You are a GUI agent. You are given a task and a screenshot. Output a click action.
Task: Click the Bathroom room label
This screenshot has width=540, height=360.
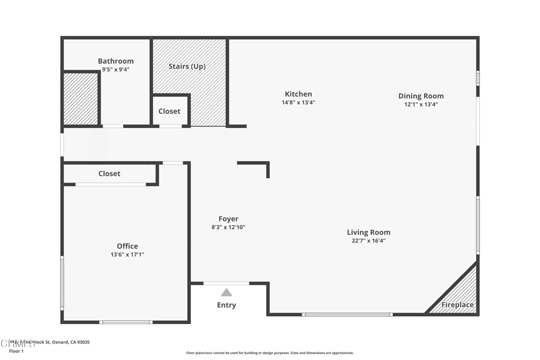tap(115, 61)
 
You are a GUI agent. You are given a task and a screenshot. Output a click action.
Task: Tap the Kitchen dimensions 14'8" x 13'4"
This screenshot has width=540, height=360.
tap(298, 103)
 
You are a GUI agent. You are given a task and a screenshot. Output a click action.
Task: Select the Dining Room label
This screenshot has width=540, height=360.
tap(421, 96)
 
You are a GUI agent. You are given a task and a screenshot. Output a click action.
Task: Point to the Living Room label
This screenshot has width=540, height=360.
tap(369, 232)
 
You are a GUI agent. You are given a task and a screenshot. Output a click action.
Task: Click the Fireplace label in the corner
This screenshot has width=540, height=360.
tap(457, 305)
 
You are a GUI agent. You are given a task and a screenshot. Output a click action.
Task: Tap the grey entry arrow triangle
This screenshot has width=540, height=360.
tap(226, 293)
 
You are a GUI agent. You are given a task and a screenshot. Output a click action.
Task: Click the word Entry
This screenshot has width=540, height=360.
tap(226, 305)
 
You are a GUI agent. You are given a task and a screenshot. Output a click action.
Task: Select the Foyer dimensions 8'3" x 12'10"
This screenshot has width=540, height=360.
tap(228, 228)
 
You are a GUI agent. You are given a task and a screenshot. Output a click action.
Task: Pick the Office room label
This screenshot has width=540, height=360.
tap(127, 246)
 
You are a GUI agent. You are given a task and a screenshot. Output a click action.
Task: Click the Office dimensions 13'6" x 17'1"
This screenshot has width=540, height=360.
tap(127, 255)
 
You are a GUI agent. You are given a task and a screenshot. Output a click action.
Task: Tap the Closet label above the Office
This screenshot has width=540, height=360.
tap(109, 173)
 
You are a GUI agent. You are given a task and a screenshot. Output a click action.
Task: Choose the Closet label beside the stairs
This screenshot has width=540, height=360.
tap(169, 111)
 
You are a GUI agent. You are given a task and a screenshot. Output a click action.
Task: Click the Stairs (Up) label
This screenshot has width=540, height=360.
tap(187, 66)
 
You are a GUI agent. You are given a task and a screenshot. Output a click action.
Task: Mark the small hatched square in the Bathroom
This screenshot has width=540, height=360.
tap(81, 99)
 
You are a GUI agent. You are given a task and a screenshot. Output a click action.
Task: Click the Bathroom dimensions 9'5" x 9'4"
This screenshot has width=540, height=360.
tap(115, 70)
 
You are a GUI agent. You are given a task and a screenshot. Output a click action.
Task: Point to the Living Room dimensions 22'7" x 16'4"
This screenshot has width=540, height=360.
tap(369, 241)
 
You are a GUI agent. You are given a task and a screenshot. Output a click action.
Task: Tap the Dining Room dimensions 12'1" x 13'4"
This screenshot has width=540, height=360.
tap(421, 104)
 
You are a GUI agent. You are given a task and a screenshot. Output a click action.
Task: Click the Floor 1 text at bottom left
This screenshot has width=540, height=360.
tap(16, 351)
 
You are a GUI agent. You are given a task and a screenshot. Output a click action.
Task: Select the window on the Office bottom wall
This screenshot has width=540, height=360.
tap(126, 322)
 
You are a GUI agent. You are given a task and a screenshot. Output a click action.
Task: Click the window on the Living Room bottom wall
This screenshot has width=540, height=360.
tap(347, 315)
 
